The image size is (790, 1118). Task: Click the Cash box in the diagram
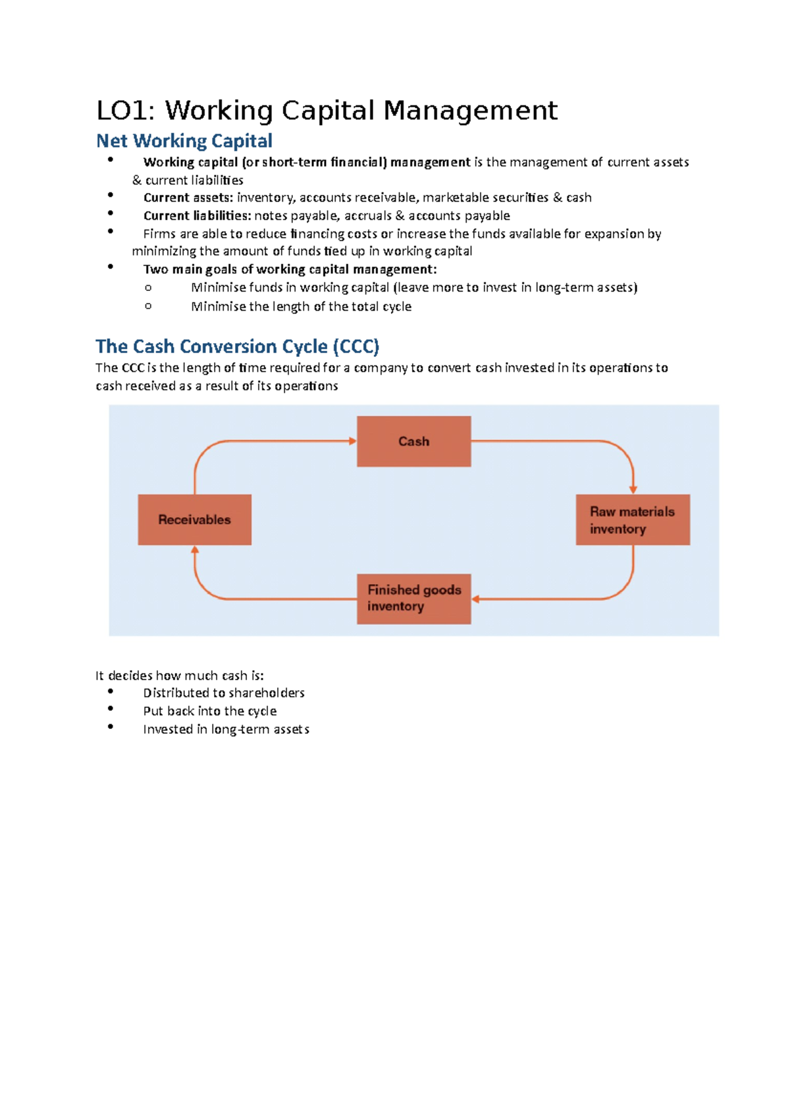[x=413, y=441]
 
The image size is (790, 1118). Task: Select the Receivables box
[x=194, y=519]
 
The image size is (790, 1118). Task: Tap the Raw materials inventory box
[x=633, y=519]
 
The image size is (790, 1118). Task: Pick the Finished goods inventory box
[x=413, y=599]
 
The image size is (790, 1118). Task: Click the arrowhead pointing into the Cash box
[x=353, y=441]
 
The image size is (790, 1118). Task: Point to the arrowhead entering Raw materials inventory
[x=633, y=490]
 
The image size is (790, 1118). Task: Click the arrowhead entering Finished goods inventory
[x=476, y=599]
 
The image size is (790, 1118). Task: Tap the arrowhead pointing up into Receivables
[x=195, y=550]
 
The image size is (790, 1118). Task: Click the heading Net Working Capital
[x=184, y=141]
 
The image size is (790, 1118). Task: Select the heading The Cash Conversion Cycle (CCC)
[x=237, y=346]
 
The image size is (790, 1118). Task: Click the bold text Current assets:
[x=188, y=198]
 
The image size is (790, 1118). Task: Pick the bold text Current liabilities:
[x=197, y=215]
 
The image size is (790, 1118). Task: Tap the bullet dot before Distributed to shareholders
[x=111, y=691]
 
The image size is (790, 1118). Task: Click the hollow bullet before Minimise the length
[x=148, y=306]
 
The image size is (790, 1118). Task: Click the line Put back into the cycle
[x=209, y=711]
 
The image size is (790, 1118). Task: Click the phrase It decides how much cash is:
[x=179, y=676]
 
